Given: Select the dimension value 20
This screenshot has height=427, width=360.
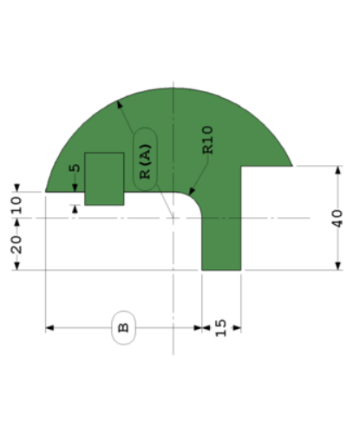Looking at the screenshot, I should (x=16, y=244).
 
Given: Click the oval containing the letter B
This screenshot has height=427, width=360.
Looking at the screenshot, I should (x=123, y=328).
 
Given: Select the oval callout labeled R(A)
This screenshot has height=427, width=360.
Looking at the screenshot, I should (x=145, y=155).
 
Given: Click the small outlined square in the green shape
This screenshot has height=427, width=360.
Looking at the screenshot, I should (x=104, y=178).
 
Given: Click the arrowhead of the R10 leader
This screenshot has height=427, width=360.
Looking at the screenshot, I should (x=193, y=194).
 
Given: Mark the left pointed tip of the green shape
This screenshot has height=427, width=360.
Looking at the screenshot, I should (x=46, y=190).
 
